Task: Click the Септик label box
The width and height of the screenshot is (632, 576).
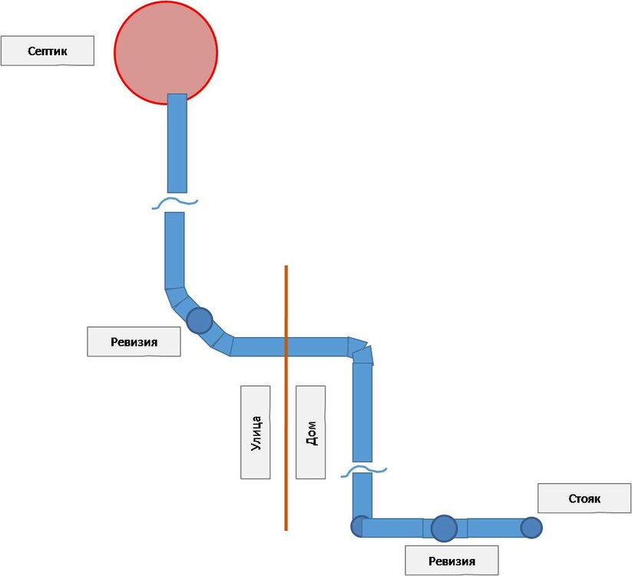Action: (x=47, y=51)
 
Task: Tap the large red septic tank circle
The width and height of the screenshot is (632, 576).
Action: (x=166, y=46)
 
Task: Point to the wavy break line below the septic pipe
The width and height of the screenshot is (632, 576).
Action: (x=174, y=203)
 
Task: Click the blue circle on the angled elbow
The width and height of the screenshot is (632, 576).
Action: (x=200, y=319)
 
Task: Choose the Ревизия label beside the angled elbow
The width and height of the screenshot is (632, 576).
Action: (x=134, y=342)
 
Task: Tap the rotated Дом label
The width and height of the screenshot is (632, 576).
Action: (x=310, y=432)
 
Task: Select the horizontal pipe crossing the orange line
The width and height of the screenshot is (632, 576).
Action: (x=289, y=346)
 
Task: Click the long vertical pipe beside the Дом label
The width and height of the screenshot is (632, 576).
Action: (x=362, y=411)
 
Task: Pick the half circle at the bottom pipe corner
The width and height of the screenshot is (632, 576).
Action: (x=357, y=527)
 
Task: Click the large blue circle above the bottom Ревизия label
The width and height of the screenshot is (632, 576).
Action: (x=444, y=528)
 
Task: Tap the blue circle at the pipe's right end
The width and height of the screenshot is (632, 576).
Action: (x=531, y=528)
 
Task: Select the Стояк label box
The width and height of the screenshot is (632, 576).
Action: (x=585, y=498)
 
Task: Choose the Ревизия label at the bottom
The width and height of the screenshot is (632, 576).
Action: (x=452, y=561)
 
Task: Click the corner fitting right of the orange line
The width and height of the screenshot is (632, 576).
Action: (x=361, y=350)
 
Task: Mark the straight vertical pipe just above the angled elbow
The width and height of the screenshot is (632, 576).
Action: (x=175, y=250)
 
